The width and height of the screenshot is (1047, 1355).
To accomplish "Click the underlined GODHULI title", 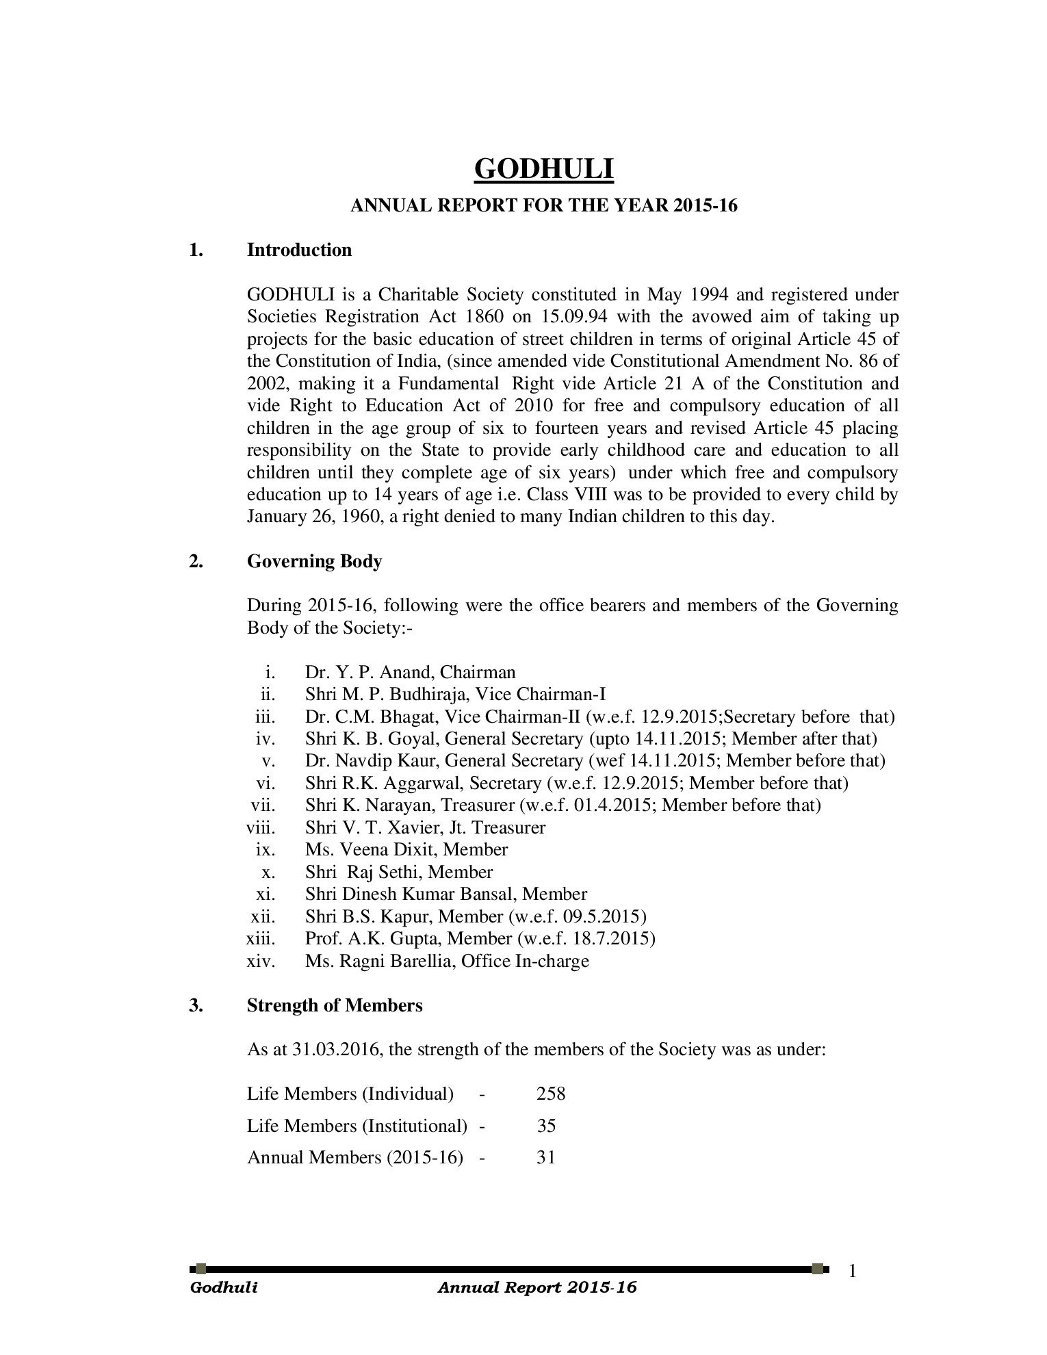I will click(544, 169).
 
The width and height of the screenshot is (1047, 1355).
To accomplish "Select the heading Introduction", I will click(299, 250).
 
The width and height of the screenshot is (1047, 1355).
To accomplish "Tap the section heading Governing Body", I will click(314, 561).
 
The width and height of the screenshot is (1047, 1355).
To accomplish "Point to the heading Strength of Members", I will click(335, 1005).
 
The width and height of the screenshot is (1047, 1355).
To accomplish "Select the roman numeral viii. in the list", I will click(260, 827).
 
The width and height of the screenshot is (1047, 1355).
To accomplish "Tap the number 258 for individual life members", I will click(551, 1094).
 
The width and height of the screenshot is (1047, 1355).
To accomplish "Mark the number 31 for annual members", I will click(545, 1158).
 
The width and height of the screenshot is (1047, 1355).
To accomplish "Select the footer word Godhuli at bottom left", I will click(224, 1287).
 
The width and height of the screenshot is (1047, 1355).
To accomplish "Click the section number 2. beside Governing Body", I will click(196, 561).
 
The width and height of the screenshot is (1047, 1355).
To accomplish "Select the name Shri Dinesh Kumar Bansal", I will click(408, 894).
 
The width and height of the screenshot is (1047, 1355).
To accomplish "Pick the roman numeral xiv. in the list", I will click(260, 961).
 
